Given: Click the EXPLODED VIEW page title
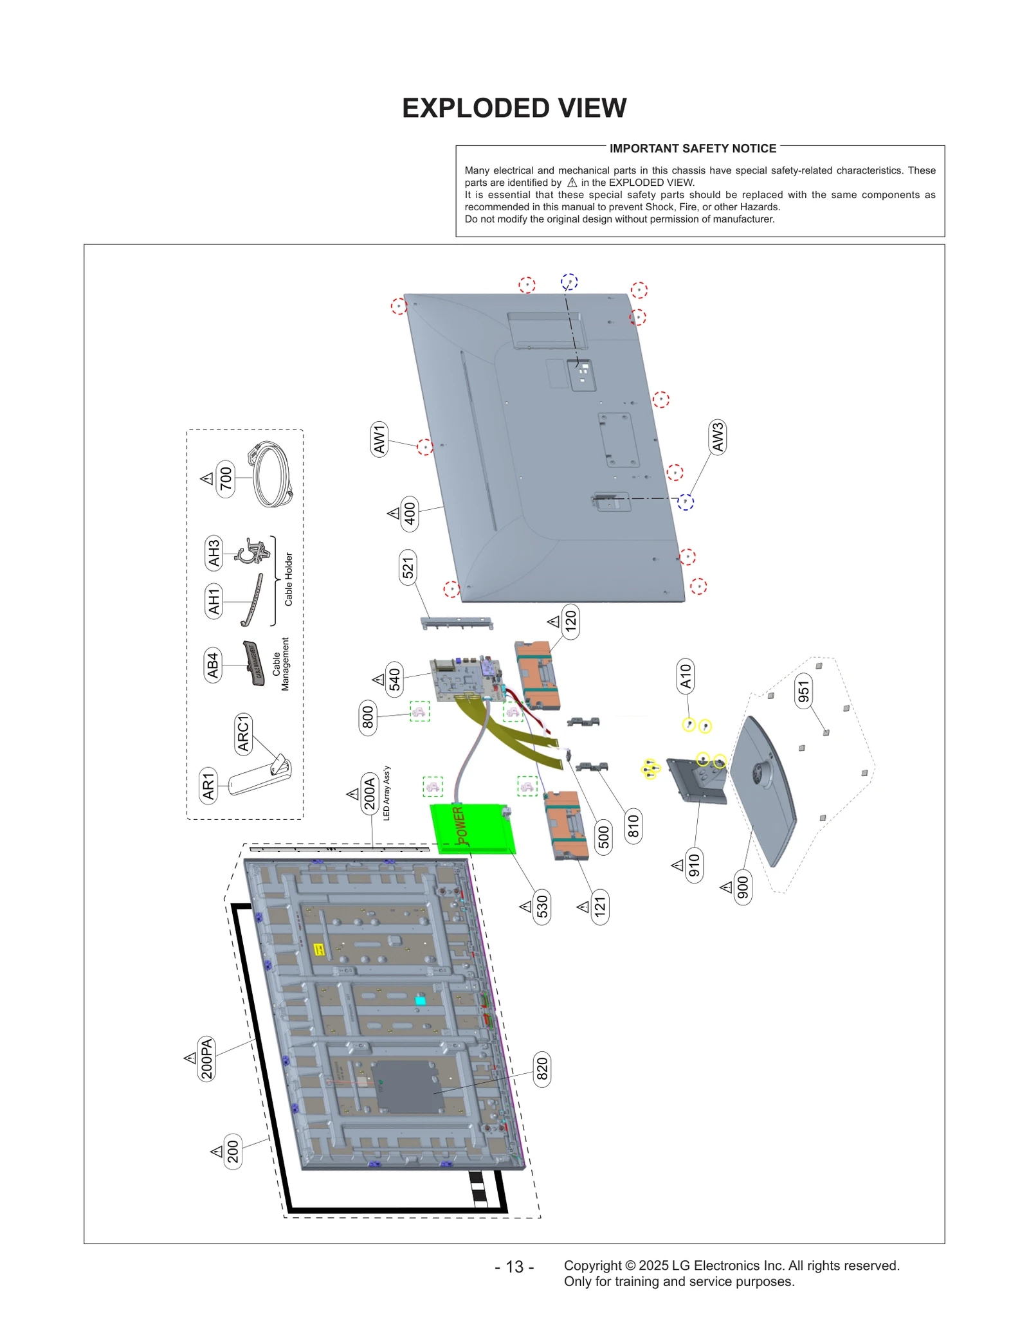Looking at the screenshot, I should [514, 108].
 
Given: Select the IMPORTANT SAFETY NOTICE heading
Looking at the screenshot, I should [692, 149].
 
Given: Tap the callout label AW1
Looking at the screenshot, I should [379, 439].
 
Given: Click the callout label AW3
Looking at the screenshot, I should [717, 437].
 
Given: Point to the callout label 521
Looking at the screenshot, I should [408, 566].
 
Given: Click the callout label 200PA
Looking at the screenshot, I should [206, 1058].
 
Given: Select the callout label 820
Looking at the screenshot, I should [542, 1069].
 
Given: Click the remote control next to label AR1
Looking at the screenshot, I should [259, 778].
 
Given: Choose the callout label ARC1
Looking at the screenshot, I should [243, 733].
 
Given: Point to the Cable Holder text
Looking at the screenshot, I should [288, 579].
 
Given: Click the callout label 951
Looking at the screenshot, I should [803, 691].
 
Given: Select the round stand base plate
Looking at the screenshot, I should [765, 791].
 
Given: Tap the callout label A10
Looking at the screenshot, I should [686, 676].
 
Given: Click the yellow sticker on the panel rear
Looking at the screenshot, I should [318, 949].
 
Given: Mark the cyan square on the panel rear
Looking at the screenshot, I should [420, 1000].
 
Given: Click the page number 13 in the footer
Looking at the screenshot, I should [514, 1266].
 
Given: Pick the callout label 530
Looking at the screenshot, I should [542, 906].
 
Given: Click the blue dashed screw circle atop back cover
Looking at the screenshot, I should [569, 282].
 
